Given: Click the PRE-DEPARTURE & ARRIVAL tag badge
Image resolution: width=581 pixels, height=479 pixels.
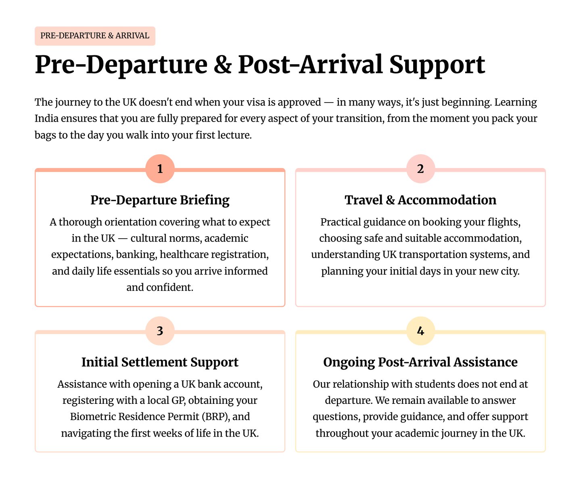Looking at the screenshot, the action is click(x=95, y=36).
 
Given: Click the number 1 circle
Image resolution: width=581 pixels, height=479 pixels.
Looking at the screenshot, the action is click(x=160, y=169).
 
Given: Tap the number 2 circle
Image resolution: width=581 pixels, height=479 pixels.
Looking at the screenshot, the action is click(x=420, y=169).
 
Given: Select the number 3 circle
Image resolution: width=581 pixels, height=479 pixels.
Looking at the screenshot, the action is click(x=160, y=331).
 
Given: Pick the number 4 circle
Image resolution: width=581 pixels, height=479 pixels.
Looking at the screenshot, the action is click(x=420, y=331).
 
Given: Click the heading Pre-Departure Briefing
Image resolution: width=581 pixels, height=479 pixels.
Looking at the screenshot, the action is click(x=160, y=200).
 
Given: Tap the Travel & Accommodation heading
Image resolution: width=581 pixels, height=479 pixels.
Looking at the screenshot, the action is click(x=420, y=200).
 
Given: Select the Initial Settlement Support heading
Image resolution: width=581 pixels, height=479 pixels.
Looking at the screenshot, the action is click(x=160, y=362).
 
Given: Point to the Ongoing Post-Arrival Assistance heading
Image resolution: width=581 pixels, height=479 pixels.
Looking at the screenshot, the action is click(x=420, y=362).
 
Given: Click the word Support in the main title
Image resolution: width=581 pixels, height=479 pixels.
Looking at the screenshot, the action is click(x=437, y=65).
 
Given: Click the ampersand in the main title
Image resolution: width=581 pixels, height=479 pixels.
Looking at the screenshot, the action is click(x=222, y=65).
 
